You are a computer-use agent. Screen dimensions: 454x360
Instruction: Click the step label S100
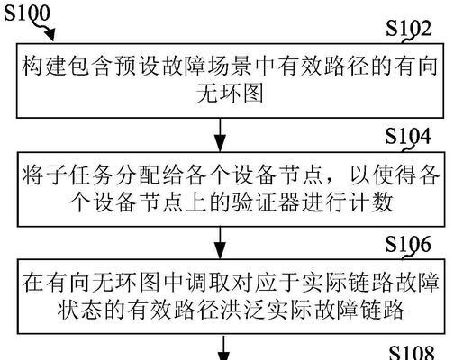coord(27,13)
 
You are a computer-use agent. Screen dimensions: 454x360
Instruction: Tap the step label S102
coord(408,28)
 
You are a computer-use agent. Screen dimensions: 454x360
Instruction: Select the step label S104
coord(408,136)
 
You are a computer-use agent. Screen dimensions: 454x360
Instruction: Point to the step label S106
coord(408,244)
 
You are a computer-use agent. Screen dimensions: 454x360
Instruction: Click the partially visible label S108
coord(412,353)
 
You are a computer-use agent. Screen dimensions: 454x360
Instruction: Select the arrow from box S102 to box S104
coord(221,135)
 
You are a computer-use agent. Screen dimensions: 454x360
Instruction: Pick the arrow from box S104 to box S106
coord(221,243)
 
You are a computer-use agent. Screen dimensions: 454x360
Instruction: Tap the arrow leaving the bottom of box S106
coord(222,347)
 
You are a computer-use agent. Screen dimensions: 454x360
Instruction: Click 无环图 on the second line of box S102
coord(230,94)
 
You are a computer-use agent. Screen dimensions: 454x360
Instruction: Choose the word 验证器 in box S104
coord(266,202)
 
